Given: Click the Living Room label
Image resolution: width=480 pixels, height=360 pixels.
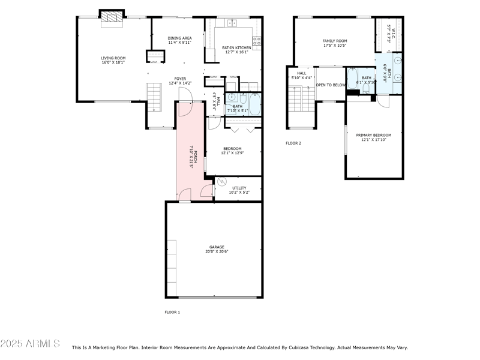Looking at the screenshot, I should pyautogui.click(x=112, y=58).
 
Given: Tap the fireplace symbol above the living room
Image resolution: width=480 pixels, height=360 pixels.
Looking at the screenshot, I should pyautogui.click(x=112, y=17).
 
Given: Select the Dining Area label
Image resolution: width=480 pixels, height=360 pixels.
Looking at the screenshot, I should pyautogui.click(x=179, y=38).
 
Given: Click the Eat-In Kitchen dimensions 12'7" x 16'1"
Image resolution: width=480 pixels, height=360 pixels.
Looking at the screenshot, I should pyautogui.click(x=236, y=52).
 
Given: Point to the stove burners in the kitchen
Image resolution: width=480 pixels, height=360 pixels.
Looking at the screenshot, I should pyautogui.click(x=257, y=41).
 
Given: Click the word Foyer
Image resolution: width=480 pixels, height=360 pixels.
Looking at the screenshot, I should pyautogui.click(x=180, y=79).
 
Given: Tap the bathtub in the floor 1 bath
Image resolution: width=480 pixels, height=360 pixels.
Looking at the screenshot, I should pyautogui.click(x=254, y=105).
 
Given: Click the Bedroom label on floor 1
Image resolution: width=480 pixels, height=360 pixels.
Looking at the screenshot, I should pyautogui.click(x=232, y=148).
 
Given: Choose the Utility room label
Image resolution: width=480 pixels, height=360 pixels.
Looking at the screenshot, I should pyautogui.click(x=239, y=188).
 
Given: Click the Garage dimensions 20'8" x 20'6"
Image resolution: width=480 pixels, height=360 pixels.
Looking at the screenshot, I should pyautogui.click(x=217, y=251).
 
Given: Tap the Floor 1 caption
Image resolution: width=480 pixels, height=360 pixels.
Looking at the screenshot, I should pyautogui.click(x=172, y=312).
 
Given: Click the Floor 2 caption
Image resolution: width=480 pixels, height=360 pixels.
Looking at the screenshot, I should pyautogui.click(x=293, y=143).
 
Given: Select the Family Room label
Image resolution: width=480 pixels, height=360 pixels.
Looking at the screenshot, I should pyautogui.click(x=334, y=41).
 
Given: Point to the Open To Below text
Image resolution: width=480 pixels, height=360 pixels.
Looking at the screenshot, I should pyautogui.click(x=331, y=85).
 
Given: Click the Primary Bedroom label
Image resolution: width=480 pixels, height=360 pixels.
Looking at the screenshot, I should pyautogui.click(x=373, y=135).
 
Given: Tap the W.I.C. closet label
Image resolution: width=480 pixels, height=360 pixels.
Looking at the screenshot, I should pyautogui.click(x=389, y=28).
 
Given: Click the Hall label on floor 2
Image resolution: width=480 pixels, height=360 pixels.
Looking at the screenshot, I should pyautogui.click(x=301, y=73).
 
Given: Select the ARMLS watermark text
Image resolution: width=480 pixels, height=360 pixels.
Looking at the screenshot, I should pyautogui.click(x=30, y=344).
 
